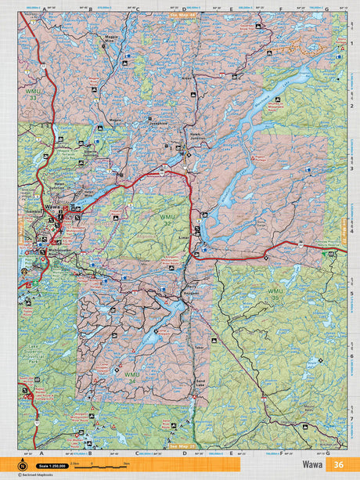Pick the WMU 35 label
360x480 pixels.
pos(275,294)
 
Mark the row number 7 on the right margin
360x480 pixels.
pos(348,418)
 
